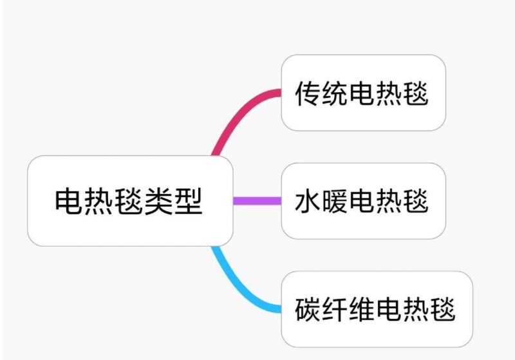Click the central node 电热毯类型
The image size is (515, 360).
129,201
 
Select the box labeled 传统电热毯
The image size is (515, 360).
363,93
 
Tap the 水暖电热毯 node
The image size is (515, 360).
363,201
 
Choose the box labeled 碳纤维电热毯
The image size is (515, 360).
377,309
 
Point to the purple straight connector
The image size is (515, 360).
257,201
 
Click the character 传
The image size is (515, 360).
308,94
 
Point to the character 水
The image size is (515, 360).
308,202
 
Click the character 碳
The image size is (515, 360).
308,310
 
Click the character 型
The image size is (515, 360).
188,202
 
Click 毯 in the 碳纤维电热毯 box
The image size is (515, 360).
444,310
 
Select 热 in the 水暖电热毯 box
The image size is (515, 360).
389,202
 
